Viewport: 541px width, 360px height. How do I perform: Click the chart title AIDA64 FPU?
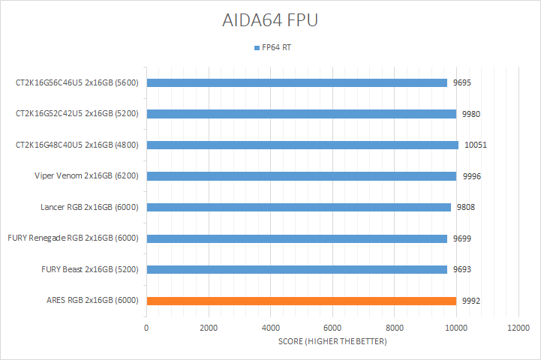coord(270,20)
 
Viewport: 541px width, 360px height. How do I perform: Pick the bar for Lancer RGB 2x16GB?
coord(299,207)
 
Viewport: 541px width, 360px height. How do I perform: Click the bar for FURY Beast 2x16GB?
coord(297,269)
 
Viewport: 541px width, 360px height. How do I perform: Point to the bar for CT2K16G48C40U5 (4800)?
coord(302,145)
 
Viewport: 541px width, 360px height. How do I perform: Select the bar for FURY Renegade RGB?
coord(297,238)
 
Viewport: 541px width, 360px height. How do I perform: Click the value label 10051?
coord(476,145)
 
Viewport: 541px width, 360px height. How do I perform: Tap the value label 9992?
coord(472,301)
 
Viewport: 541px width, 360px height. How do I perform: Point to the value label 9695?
coord(463,82)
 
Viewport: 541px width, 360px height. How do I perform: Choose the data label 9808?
coord(466,207)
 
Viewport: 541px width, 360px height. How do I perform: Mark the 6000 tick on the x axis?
coord(332,328)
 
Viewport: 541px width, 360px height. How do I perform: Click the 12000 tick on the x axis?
coord(518,328)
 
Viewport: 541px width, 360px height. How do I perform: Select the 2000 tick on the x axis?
coord(209,328)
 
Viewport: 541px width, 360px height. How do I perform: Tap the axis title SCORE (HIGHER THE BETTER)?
coord(332,342)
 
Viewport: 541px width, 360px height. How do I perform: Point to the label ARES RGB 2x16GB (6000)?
coord(92,301)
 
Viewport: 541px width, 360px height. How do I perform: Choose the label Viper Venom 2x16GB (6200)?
coord(90,176)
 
